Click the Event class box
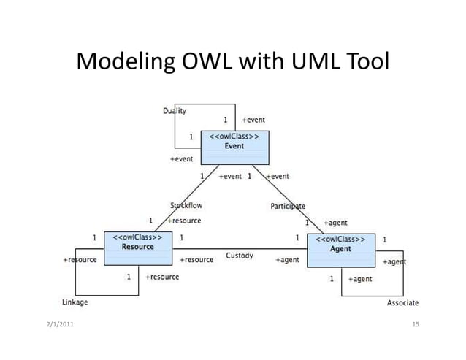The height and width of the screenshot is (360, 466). tap(234, 148)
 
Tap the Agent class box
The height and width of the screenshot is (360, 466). tap(340, 250)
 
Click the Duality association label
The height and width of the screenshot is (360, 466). tap(174, 111)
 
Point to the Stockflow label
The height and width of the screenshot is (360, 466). tap(186, 206)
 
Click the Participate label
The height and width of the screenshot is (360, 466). tap(288, 207)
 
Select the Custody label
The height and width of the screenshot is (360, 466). tap(240, 256)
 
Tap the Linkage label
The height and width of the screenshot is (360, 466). tap(75, 302)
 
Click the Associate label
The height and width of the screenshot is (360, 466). tap(402, 303)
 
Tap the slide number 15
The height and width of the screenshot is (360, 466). tap(416, 323)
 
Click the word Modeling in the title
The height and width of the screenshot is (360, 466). tap(121, 63)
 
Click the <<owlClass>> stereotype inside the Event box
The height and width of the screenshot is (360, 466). tap(234, 137)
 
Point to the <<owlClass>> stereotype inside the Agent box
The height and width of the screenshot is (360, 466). tap(340, 240)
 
